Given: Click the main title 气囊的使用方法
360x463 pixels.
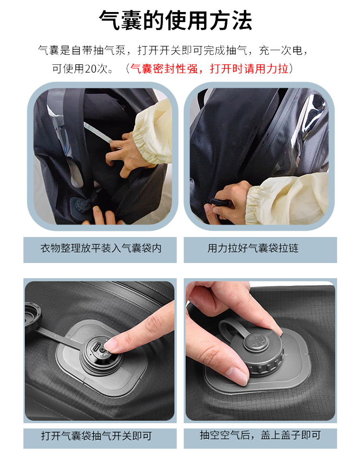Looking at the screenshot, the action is tap(175, 20).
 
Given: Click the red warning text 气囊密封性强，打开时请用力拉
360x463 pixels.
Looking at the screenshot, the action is tap(209, 69).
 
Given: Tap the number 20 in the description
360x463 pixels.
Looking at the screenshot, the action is tap(90, 69).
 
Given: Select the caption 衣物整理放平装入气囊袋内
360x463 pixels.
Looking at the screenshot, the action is tap(101, 248).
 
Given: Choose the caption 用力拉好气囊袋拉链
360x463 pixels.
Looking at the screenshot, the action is tap(253, 248).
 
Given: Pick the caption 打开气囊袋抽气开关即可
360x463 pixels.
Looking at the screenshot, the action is tap(96, 436).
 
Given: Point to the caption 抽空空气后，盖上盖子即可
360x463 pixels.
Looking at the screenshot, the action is tap(260, 435).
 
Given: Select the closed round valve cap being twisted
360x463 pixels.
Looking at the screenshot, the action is tap(256, 351).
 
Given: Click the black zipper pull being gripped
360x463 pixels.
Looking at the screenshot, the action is tap(220, 202).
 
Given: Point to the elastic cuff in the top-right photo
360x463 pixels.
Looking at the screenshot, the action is tap(253, 204).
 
